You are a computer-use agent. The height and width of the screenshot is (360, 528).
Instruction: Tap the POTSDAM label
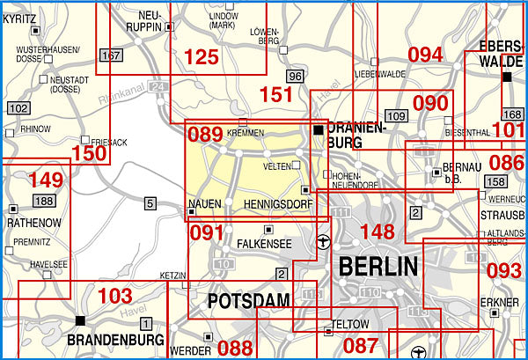tap(248, 302)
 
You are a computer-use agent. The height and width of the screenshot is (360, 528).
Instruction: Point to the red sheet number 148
tap(378, 232)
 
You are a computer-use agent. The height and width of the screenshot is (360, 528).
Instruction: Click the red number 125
tap(201, 57)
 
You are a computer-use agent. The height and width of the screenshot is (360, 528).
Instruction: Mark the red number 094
tap(425, 55)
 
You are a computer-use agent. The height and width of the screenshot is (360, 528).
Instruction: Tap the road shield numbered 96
tap(295, 77)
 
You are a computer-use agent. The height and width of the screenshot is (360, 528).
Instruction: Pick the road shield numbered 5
tap(150, 204)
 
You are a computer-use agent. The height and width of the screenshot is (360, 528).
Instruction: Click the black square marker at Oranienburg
tap(318, 129)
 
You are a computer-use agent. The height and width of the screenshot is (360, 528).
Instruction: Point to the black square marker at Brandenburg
tap(80, 320)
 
